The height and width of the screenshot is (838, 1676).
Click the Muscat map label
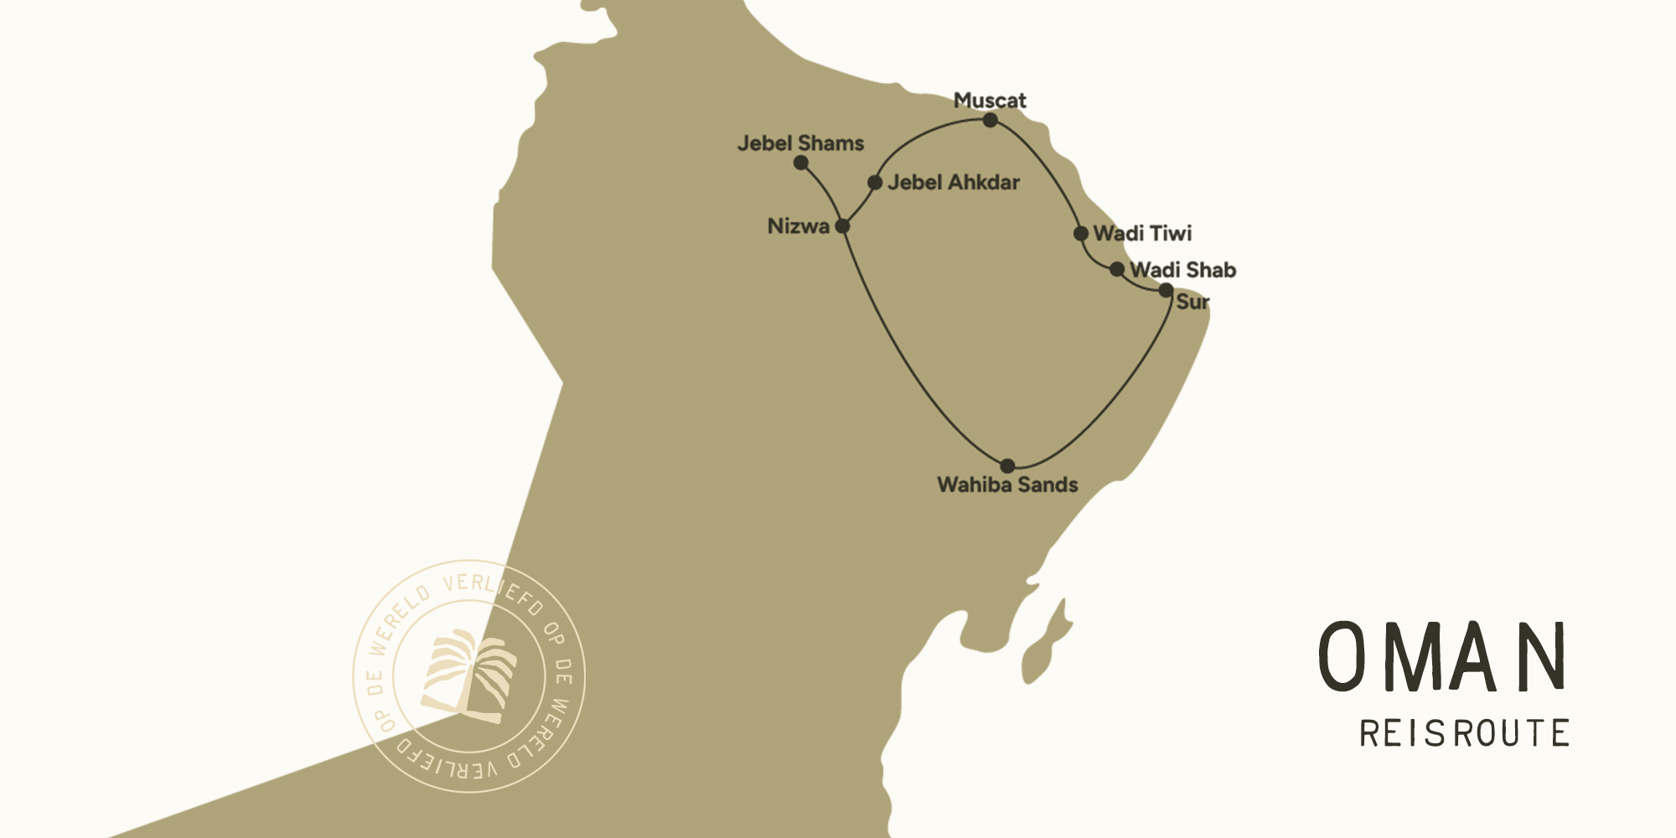coord(990,101)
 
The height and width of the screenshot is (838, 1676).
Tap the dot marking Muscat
coord(991,120)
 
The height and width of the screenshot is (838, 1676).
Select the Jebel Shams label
coord(800,143)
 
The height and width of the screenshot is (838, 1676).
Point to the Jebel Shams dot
coord(801,163)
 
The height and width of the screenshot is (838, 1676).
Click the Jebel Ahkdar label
coord(954,182)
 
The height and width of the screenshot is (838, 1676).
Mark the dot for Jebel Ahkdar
coord(875,182)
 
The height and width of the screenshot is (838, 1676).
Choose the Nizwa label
coord(799,226)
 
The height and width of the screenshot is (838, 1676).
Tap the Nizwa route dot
coord(843,226)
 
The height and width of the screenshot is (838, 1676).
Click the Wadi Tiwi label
coord(1142,233)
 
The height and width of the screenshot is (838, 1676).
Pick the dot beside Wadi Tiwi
coord(1081,233)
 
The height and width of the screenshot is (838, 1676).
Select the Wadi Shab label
coord(1182,270)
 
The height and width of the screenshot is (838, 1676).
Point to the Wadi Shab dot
coord(1117,270)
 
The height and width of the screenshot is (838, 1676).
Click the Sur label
coord(1192,302)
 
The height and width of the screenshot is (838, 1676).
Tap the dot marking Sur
coord(1166,291)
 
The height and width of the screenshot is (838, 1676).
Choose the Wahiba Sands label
coord(1007,484)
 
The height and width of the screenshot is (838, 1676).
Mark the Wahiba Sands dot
coord(1007,466)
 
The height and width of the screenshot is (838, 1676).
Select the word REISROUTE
coord(1464,733)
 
